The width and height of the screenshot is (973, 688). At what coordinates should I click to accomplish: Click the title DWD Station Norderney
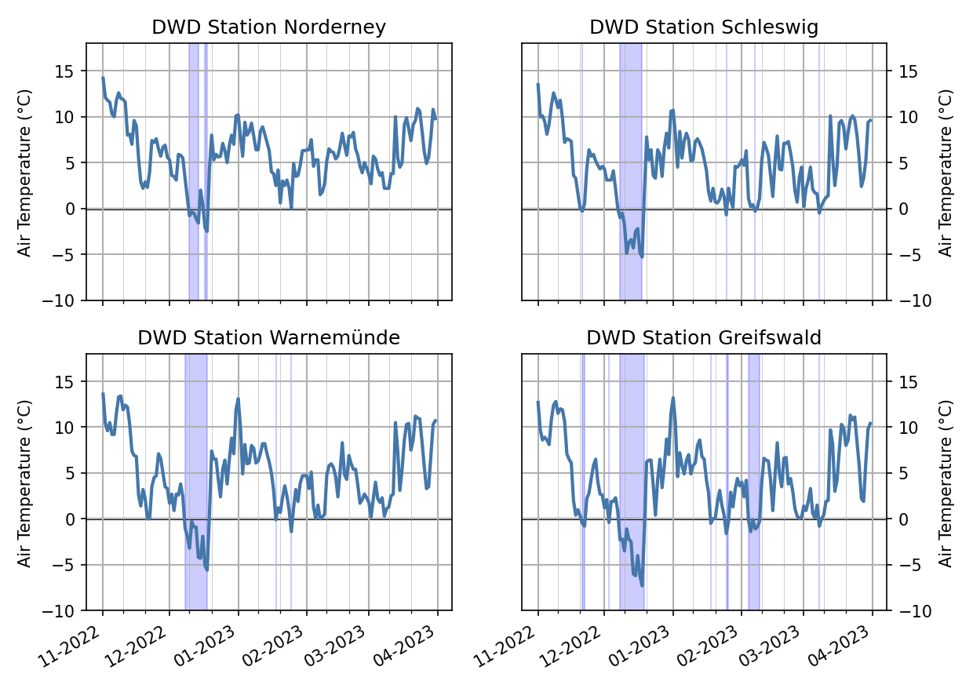[268, 27]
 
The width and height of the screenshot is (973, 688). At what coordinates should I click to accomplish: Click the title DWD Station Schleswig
[704, 27]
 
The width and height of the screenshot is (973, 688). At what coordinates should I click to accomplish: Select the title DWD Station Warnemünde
[268, 337]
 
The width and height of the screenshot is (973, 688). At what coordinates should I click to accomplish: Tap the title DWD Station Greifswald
[704, 337]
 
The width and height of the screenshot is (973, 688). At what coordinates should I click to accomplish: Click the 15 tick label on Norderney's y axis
[67, 71]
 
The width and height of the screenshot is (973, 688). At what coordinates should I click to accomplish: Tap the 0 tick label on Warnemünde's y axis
[72, 519]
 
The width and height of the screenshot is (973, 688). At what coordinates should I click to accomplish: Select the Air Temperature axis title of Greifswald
[946, 482]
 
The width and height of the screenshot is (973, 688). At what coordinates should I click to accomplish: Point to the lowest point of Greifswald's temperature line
[642, 585]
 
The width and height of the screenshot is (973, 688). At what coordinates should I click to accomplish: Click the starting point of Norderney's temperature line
[103, 78]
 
